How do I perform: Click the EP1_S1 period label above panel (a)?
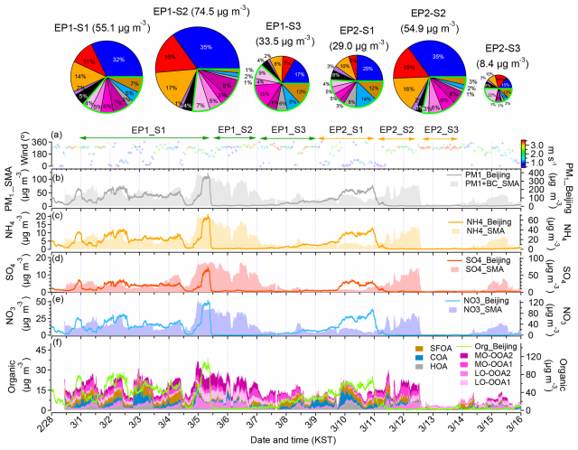coord(147,129)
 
